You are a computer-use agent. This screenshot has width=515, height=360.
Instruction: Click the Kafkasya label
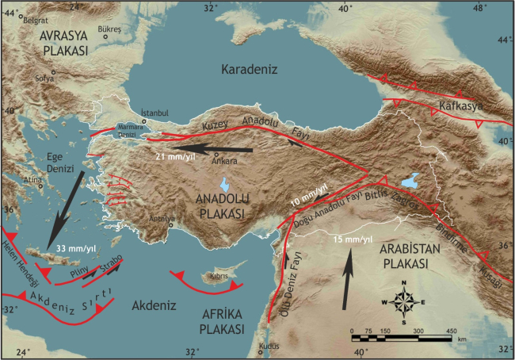[x=463, y=104]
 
